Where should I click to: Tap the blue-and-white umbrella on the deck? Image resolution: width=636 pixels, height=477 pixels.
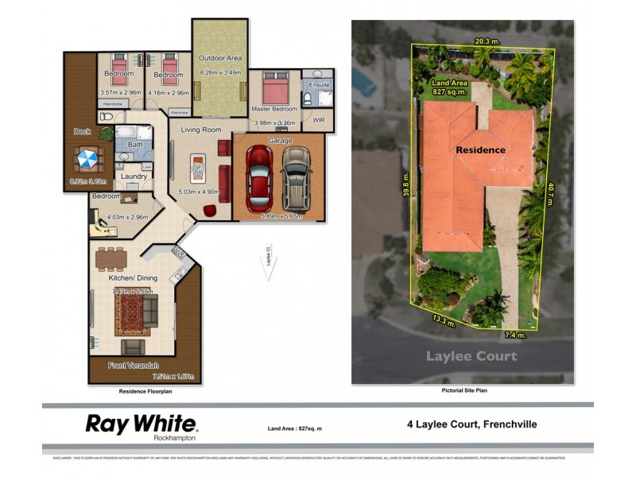[85, 159]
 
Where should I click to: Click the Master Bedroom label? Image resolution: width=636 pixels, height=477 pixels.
[273, 109]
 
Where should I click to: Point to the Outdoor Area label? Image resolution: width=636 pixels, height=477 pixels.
[220, 58]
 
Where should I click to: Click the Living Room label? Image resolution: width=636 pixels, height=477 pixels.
[200, 130]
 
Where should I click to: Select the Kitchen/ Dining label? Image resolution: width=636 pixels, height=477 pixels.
[134, 278]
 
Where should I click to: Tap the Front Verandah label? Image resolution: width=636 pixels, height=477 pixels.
[130, 366]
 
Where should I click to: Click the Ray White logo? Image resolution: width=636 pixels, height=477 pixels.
[141, 424]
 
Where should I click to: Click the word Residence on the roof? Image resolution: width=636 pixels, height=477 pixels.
[480, 149]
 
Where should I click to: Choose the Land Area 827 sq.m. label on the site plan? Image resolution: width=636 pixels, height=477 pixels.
[449, 87]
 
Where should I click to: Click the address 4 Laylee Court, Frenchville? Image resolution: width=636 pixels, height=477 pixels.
[471, 425]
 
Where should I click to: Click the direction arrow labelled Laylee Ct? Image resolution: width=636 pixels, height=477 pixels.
[270, 265]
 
